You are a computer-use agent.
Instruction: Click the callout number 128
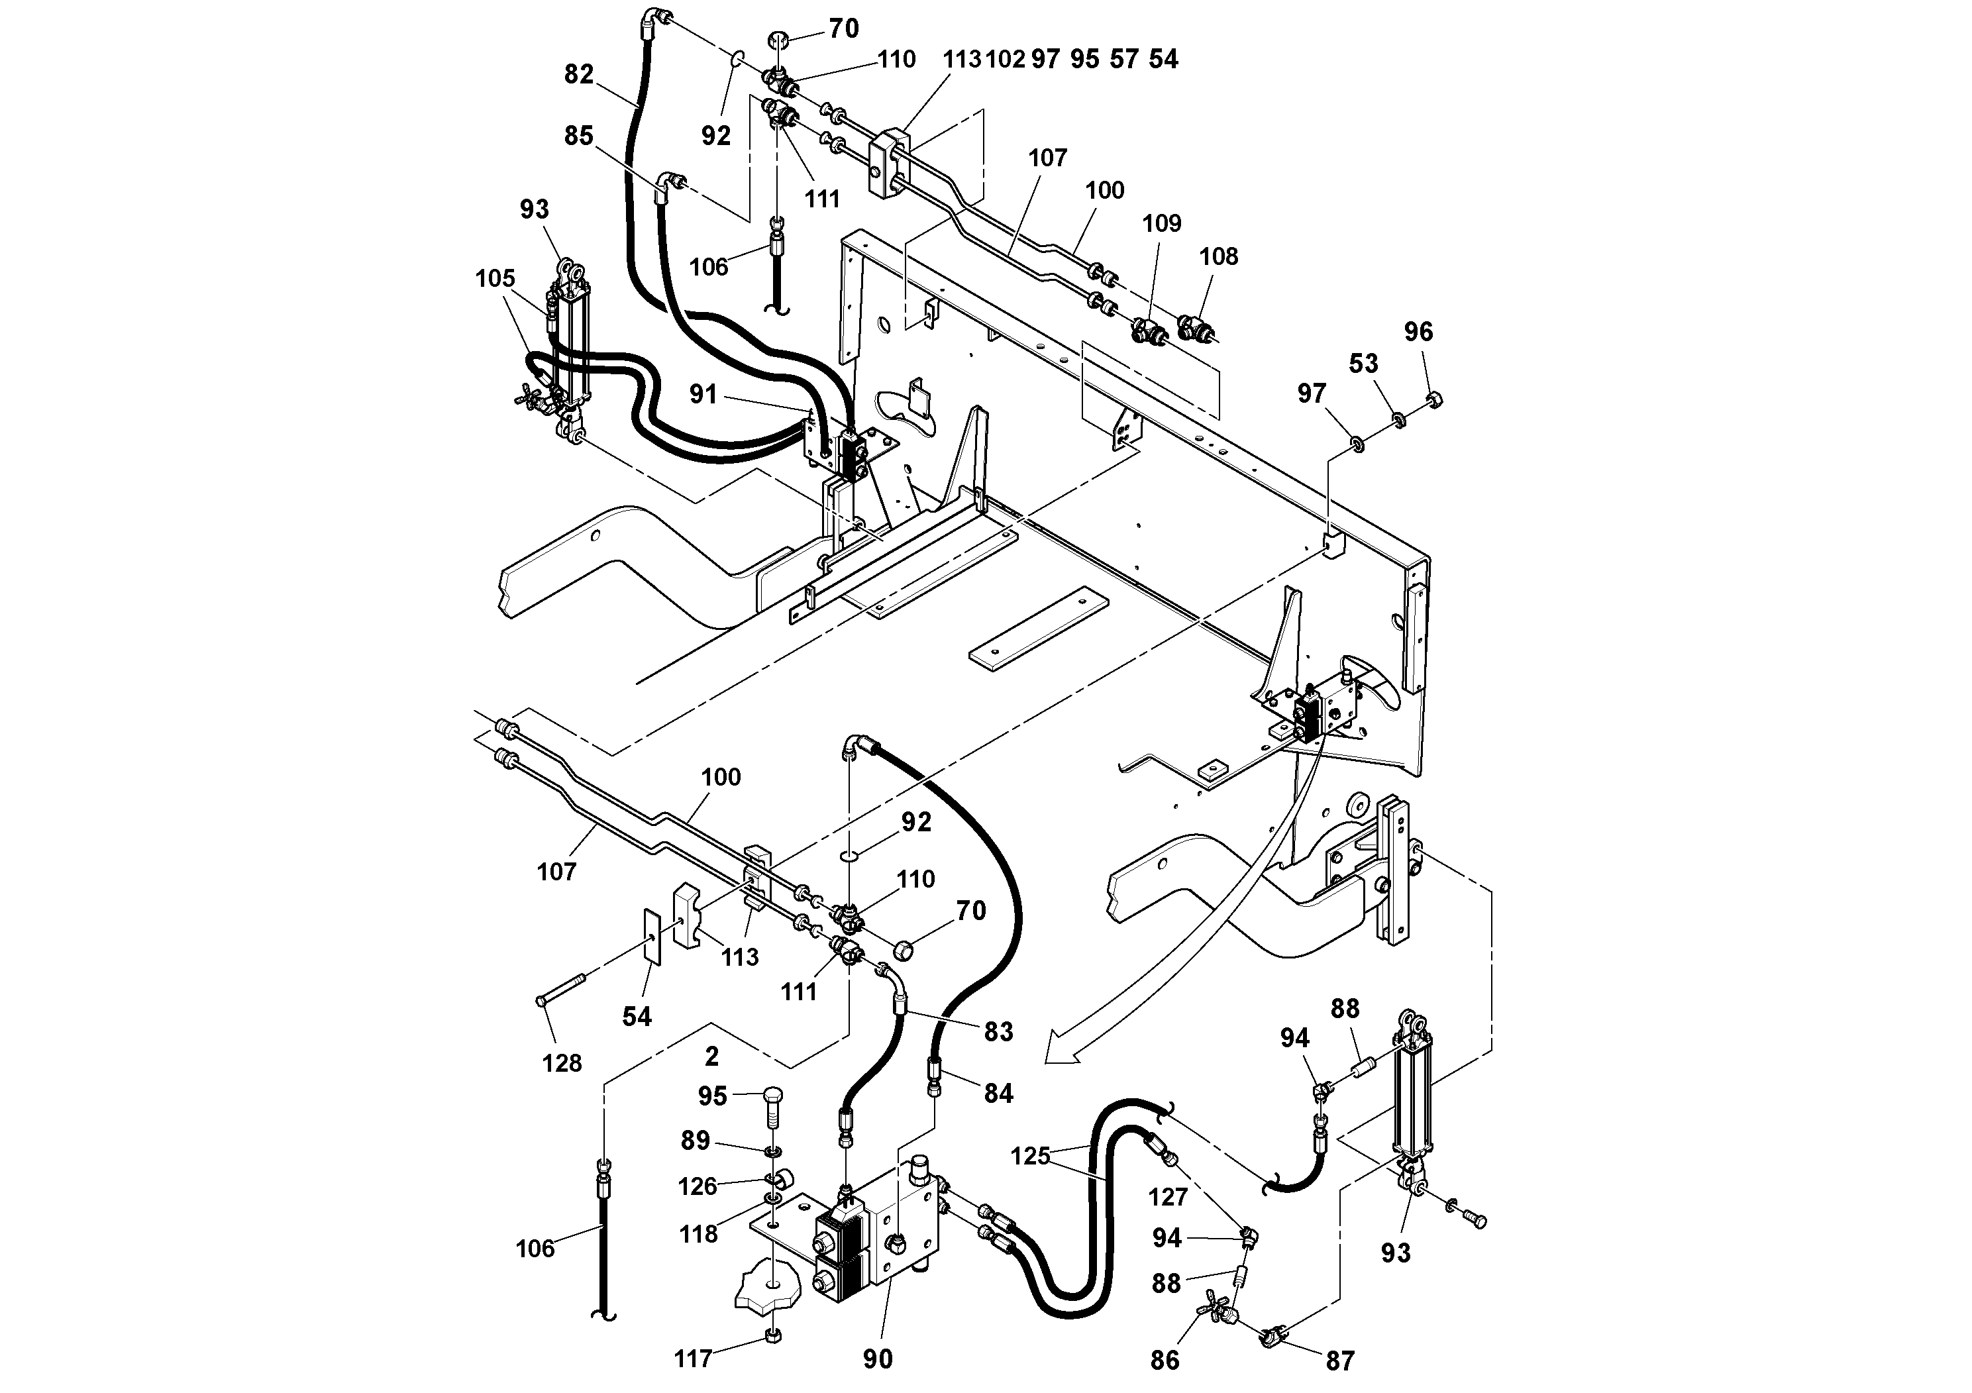[562, 1063]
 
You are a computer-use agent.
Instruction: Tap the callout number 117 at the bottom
[694, 1359]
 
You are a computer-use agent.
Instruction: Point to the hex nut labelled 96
[1433, 399]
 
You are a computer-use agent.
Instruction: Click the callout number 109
[1161, 223]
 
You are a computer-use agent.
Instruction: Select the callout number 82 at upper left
[579, 74]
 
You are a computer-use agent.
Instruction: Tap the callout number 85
[579, 136]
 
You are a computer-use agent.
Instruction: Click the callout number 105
[495, 278]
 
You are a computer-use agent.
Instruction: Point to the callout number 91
[703, 394]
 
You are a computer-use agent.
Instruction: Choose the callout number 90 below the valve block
[877, 1359]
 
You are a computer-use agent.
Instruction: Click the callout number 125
[1030, 1156]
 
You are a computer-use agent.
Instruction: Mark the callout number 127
[1167, 1196]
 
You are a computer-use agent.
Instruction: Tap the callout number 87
[1340, 1361]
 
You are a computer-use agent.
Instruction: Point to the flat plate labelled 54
[652, 938]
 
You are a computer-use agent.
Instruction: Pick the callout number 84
[998, 1094]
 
